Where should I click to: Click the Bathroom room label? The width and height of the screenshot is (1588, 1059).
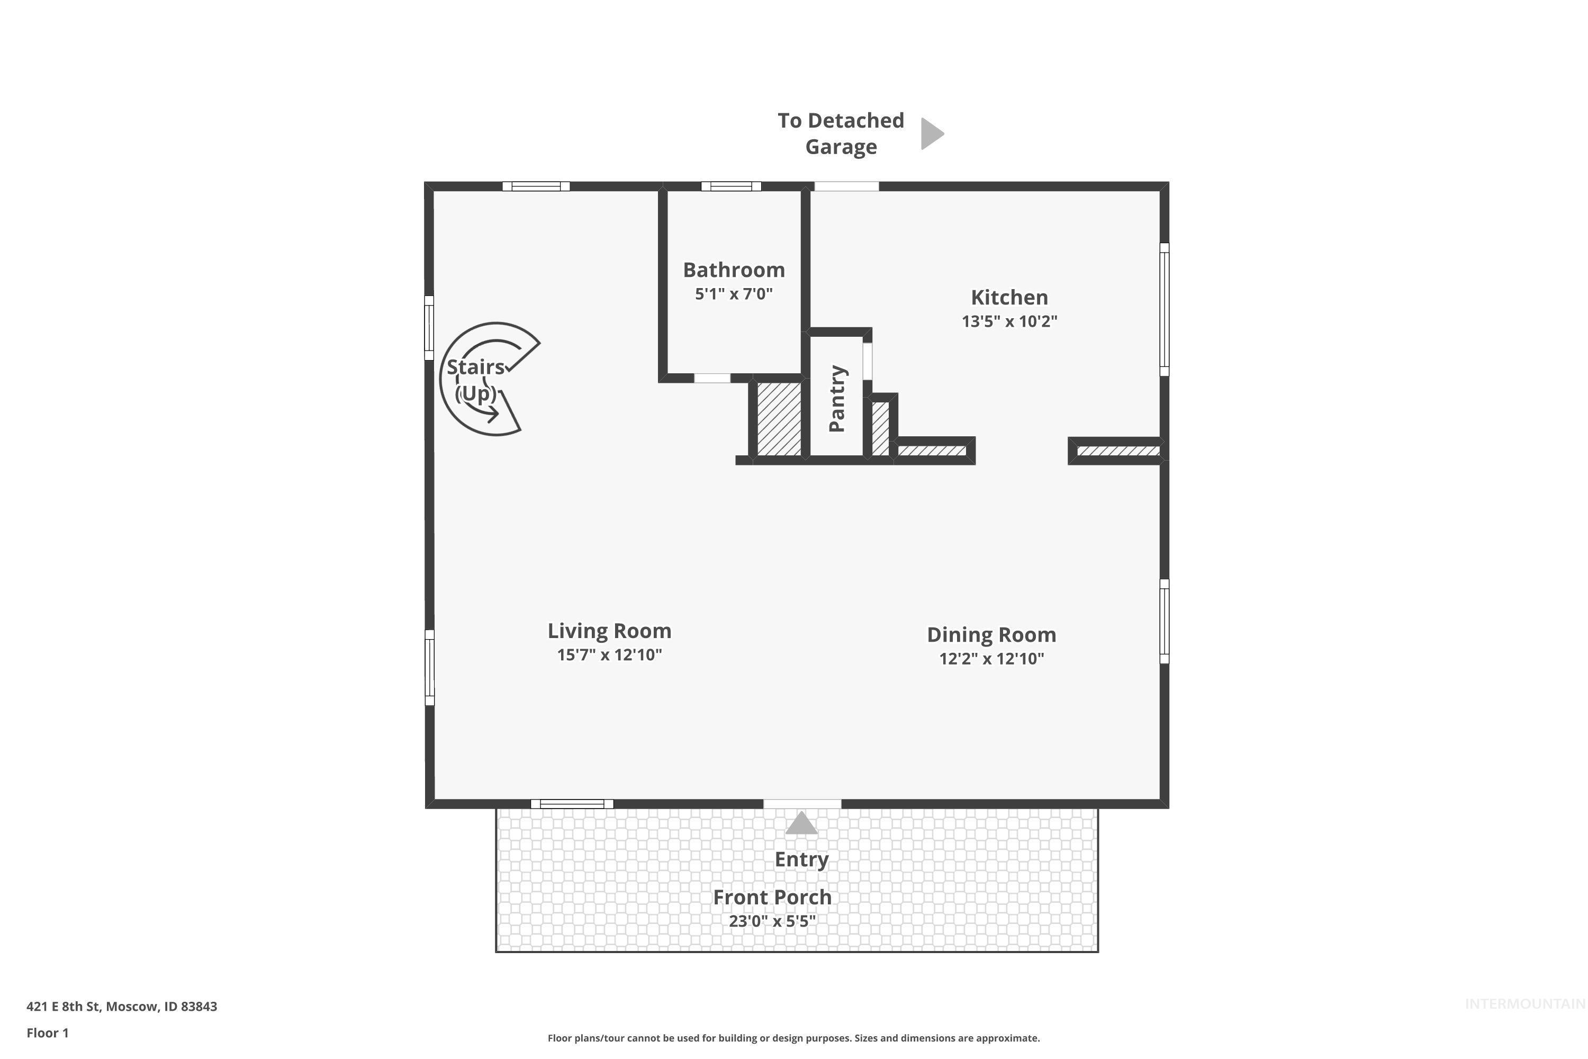734,270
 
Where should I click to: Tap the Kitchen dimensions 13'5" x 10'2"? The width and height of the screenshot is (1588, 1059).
1009,321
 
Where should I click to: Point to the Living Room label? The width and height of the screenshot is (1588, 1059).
609,631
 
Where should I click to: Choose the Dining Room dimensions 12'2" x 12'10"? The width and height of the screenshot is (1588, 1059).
991,659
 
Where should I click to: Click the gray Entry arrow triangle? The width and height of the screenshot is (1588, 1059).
801,823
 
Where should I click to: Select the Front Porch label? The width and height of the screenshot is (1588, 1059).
772,897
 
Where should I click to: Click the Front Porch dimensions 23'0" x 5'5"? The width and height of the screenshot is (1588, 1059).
772,921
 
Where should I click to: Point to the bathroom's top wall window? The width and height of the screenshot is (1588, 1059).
731,186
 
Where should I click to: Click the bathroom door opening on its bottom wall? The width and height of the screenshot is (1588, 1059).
712,378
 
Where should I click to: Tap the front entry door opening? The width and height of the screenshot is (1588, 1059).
802,804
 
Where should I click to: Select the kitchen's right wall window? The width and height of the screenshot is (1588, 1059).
1164,309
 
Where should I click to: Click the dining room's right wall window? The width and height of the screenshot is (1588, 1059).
1164,621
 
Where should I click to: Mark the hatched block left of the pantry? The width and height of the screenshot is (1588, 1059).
779,419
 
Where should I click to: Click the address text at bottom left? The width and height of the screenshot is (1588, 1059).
122,1007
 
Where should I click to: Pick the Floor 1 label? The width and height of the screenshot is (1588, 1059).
47,1033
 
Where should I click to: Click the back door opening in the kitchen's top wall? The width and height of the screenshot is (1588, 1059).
846,186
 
